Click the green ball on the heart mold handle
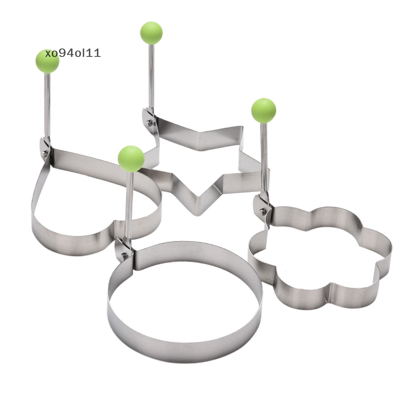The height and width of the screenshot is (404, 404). [x=47, y=61]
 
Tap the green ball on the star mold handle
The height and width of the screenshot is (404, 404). [x=151, y=33]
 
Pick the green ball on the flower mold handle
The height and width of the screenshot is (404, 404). [x=264, y=110]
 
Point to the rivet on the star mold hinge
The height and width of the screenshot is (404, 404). [x=149, y=122]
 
